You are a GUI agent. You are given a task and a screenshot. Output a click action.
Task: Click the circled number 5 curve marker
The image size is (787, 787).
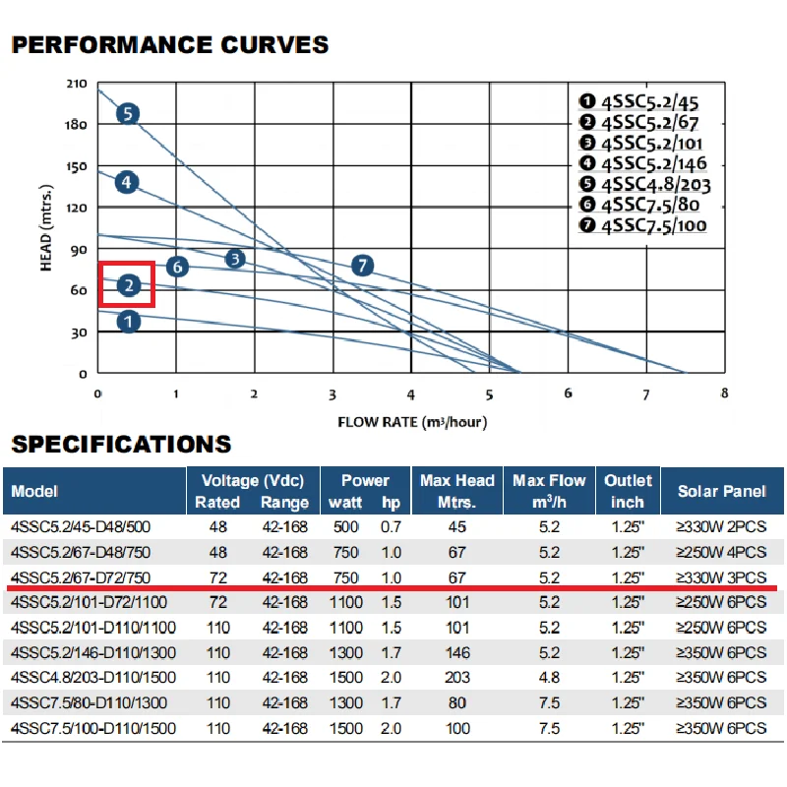coord(127,114)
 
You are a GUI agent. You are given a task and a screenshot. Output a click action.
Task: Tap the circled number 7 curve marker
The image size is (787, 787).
coord(362,265)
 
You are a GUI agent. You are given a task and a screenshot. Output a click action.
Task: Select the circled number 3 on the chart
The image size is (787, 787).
coord(234,259)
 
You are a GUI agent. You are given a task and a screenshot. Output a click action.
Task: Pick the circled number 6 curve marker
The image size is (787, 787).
coord(176,266)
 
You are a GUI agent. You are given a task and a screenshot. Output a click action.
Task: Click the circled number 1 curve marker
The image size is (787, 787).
coord(128,321)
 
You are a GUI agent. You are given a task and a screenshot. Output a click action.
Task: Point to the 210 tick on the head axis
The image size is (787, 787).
coord(76,84)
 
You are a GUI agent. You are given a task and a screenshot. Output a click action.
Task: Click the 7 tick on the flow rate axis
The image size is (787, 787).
coord(646,393)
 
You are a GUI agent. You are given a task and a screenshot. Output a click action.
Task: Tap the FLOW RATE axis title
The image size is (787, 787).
coord(412,423)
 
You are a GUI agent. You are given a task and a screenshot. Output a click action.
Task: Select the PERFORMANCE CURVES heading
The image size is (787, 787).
coord(169,45)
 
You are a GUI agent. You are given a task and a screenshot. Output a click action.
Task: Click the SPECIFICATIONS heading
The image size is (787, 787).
coord(121,444)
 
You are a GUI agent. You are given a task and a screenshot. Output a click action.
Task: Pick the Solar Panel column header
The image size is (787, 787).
coord(722,491)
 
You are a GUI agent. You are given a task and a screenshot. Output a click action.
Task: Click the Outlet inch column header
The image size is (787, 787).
coord(628,491)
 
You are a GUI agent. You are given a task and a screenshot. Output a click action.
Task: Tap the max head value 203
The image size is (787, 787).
coord(456,678)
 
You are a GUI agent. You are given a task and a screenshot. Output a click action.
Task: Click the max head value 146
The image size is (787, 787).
coord(456,652)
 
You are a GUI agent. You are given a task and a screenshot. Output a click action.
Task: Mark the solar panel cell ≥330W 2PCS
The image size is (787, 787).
coord(721,526)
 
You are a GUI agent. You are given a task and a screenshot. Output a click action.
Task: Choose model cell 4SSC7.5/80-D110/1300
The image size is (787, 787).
coord(90,703)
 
